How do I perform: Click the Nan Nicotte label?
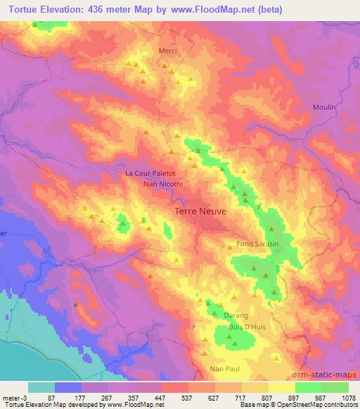163,184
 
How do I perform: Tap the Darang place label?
236,316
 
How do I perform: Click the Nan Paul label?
226,368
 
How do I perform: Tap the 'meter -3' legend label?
15,397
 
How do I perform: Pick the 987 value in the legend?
321,397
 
